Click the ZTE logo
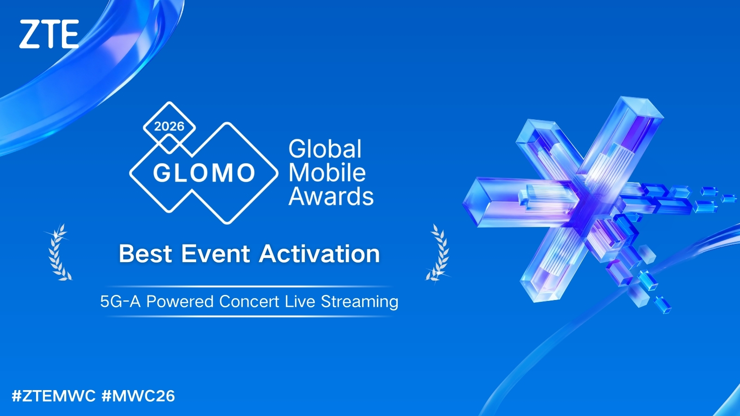pos(49,34)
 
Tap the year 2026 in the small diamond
pos(169,127)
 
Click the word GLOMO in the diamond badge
pos(204,173)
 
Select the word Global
pos(325,148)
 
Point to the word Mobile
pos(327,172)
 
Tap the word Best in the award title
pos(146,254)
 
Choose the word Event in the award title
pos(216,254)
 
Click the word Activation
pos(320,254)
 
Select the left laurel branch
pos(58,252)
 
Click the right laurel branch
pos(438,252)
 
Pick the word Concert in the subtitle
pos(249,301)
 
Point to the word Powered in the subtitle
pos(180,301)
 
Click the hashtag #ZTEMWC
pos(54,396)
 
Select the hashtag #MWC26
pos(138,396)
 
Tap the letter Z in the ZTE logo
pos(30,34)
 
